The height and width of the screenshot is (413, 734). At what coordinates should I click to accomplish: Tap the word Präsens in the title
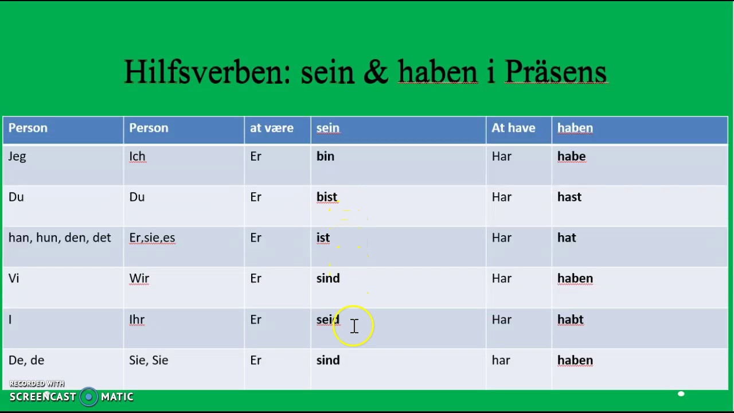(555, 73)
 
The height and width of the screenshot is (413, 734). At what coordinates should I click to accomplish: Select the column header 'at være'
(272, 128)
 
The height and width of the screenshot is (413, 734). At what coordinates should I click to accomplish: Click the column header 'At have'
(513, 128)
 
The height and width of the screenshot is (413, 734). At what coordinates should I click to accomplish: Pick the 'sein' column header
(328, 128)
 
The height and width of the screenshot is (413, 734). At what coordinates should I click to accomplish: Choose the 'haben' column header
(575, 128)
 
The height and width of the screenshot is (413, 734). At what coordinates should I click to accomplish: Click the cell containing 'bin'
(325, 157)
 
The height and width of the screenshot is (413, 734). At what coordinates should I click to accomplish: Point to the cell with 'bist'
(327, 197)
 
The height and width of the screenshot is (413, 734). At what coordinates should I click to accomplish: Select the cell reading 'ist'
(323, 238)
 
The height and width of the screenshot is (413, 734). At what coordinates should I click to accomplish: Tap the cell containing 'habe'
(571, 157)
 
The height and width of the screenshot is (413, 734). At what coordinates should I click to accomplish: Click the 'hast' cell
(569, 197)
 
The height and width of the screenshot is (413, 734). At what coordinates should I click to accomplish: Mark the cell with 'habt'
(570, 320)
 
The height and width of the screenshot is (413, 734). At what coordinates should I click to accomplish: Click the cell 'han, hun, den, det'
(60, 238)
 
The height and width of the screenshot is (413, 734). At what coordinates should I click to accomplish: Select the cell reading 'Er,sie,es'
(152, 238)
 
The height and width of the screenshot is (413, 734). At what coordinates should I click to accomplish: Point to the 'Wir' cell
(139, 279)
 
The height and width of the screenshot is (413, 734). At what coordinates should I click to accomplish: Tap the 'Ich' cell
(137, 157)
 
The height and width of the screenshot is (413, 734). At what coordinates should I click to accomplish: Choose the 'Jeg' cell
(17, 157)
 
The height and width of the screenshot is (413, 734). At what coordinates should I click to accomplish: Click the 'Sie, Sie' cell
(149, 360)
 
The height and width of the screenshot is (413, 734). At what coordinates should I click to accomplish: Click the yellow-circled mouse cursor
(354, 326)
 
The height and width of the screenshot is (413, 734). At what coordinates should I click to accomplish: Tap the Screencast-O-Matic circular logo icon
(88, 397)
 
